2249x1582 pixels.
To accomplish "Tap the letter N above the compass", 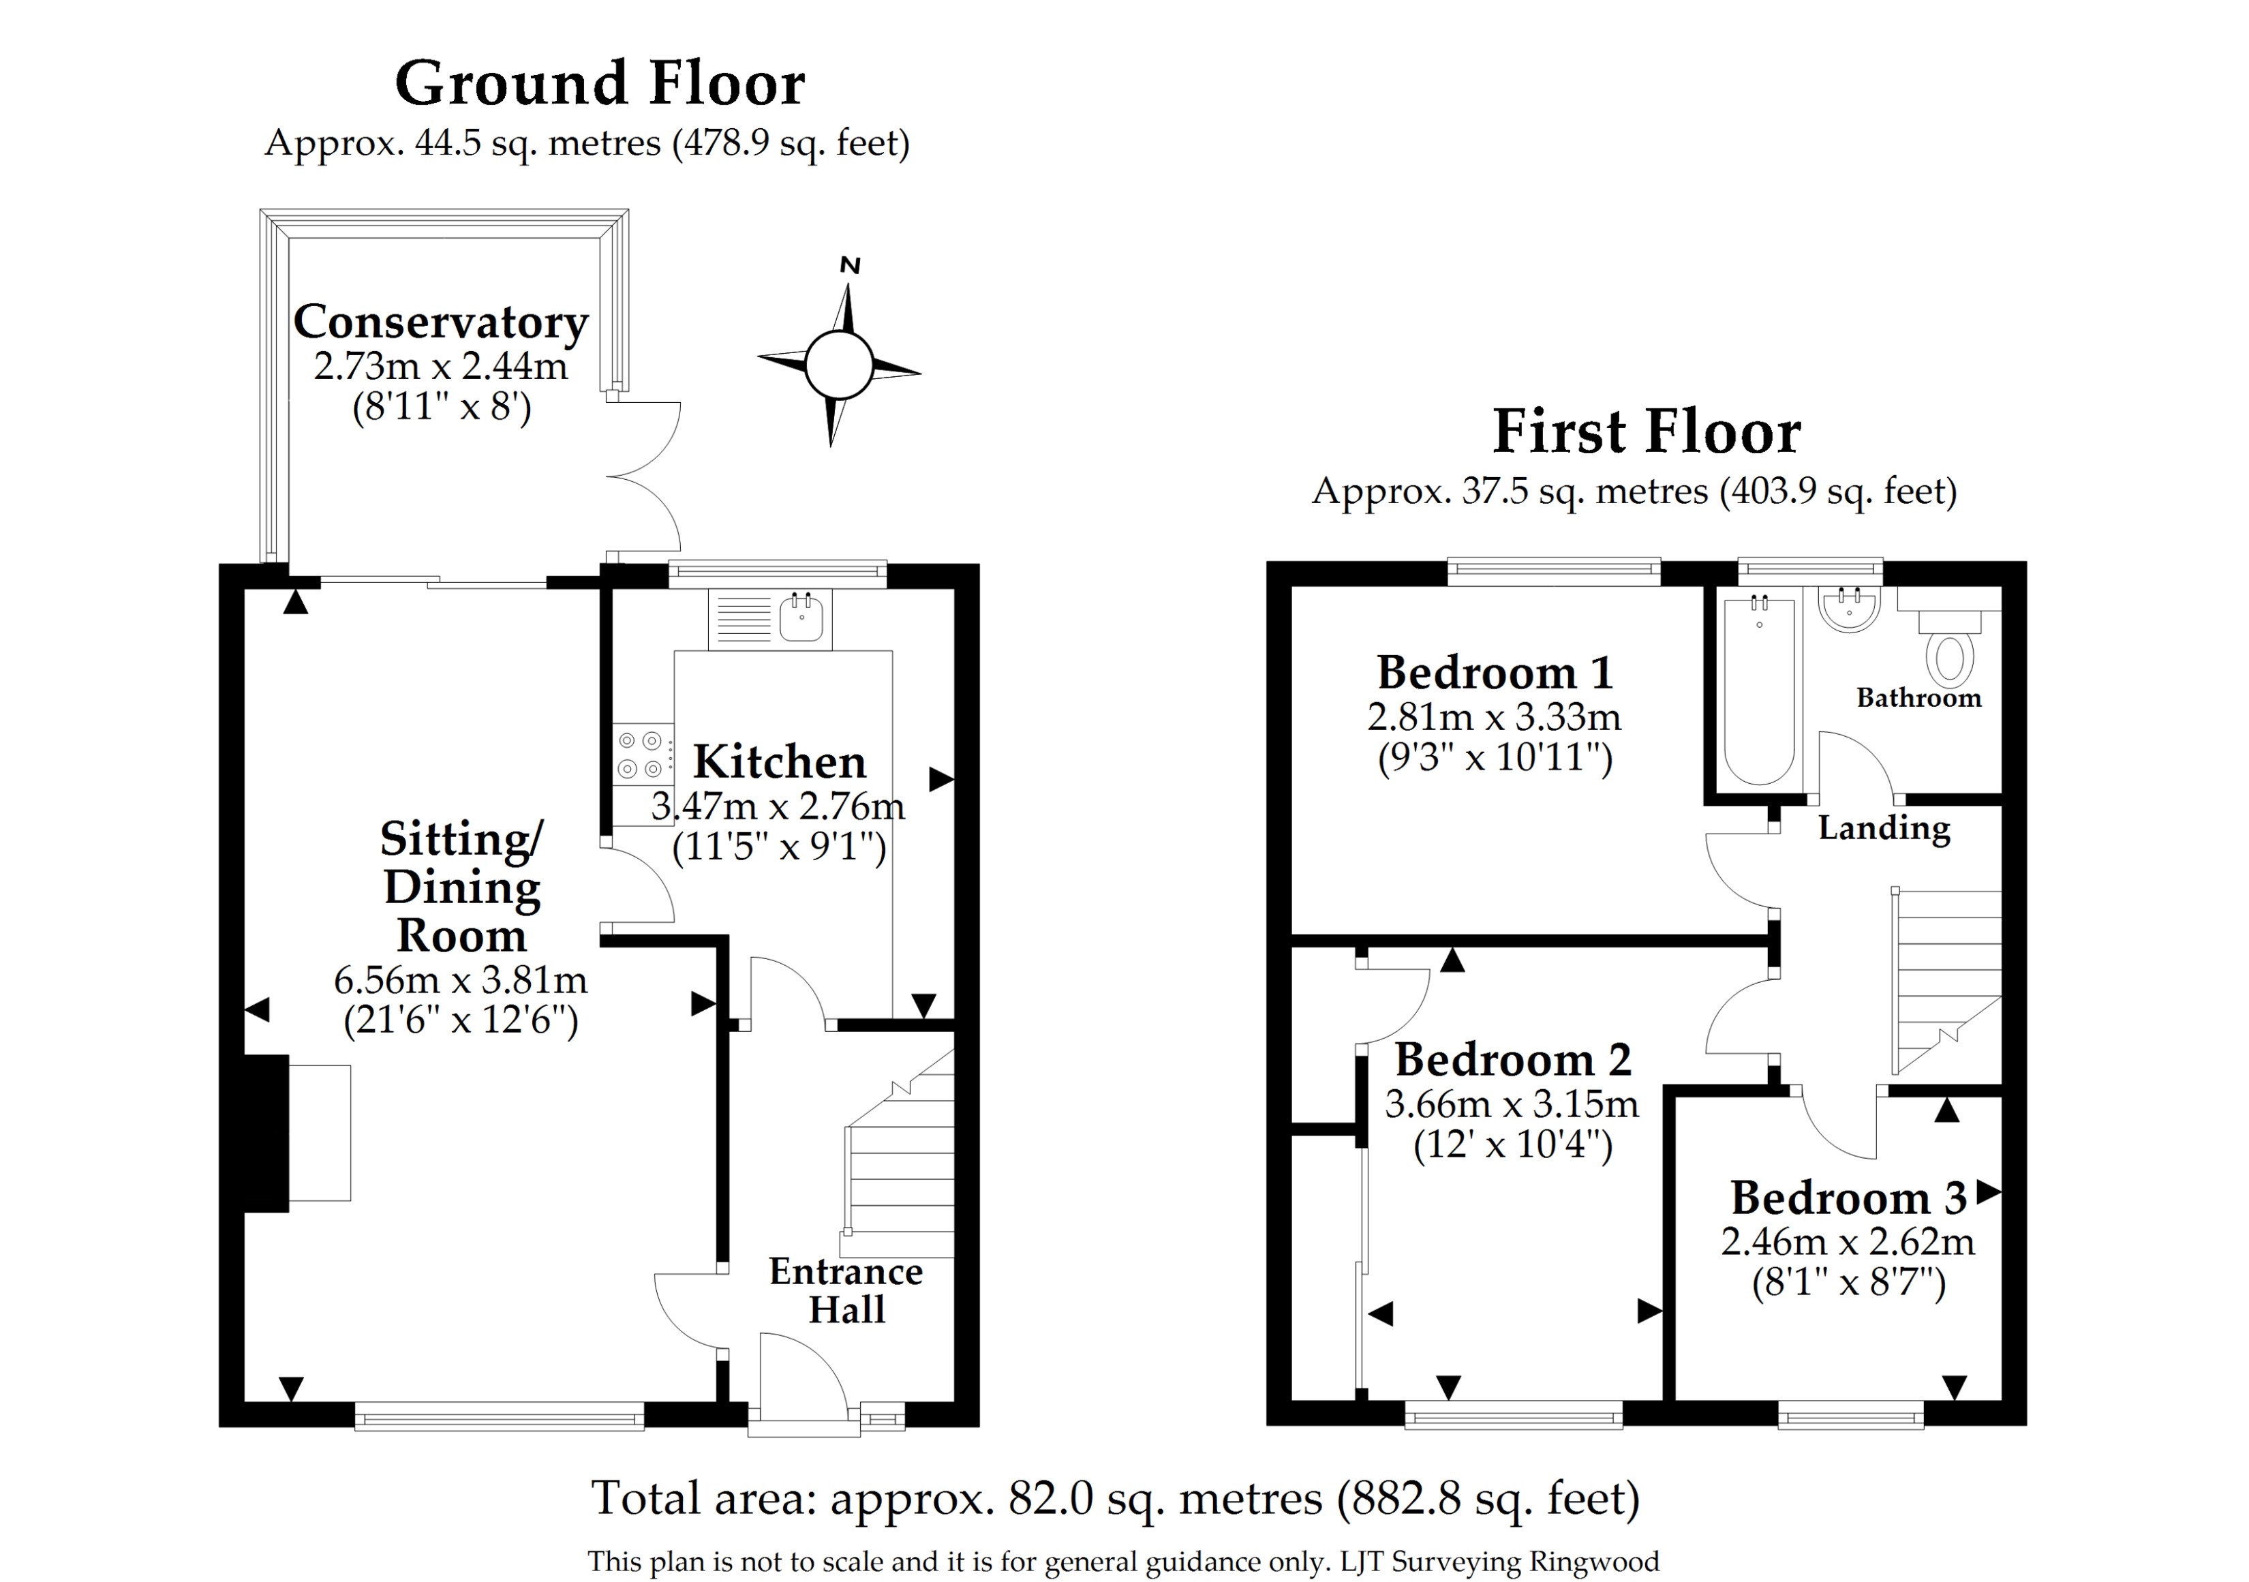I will click(x=851, y=265).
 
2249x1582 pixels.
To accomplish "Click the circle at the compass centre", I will click(x=838, y=365).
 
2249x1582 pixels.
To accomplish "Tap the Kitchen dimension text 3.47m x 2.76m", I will click(x=779, y=806).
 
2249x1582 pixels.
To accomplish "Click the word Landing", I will click(x=1884, y=829).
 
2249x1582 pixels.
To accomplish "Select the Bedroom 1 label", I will click(x=1495, y=673).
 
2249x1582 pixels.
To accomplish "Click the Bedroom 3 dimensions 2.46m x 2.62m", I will click(x=1848, y=1242).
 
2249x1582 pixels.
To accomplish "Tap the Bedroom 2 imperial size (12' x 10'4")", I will click(x=1512, y=1144).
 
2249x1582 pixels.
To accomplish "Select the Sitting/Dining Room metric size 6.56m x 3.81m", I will click(x=461, y=979).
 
